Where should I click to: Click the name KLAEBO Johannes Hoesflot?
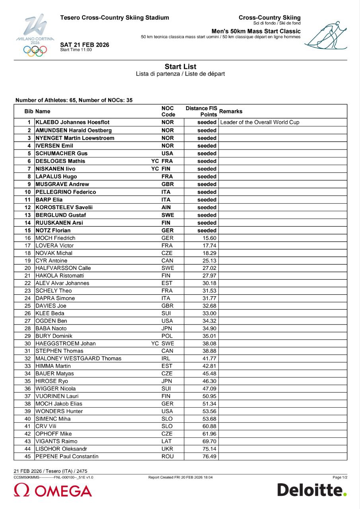pyautogui.click(x=72, y=122)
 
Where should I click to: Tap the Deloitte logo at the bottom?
pyautogui.click(x=312, y=490)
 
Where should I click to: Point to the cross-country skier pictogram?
pyautogui.click(x=326, y=35)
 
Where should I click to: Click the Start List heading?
pyautogui.click(x=180, y=67)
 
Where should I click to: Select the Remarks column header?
pyautogui.click(x=231, y=111)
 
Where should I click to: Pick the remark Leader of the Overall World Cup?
pyautogui.click(x=259, y=122)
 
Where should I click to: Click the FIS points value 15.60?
pyautogui.click(x=209, y=238)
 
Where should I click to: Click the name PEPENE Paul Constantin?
pyautogui.click(x=67, y=457)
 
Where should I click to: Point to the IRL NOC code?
pyautogui.click(x=167, y=359)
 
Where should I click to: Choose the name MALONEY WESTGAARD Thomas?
pyautogui.click(x=78, y=359)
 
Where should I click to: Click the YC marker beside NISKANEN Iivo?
pyautogui.click(x=155, y=169)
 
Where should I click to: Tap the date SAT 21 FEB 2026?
pyautogui.click(x=84, y=45)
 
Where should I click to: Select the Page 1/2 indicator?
pyautogui.click(x=340, y=477)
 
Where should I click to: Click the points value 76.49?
pyautogui.click(x=209, y=457)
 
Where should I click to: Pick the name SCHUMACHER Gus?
pyautogui.click(x=62, y=153)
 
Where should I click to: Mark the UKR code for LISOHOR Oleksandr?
pyautogui.click(x=167, y=449)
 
